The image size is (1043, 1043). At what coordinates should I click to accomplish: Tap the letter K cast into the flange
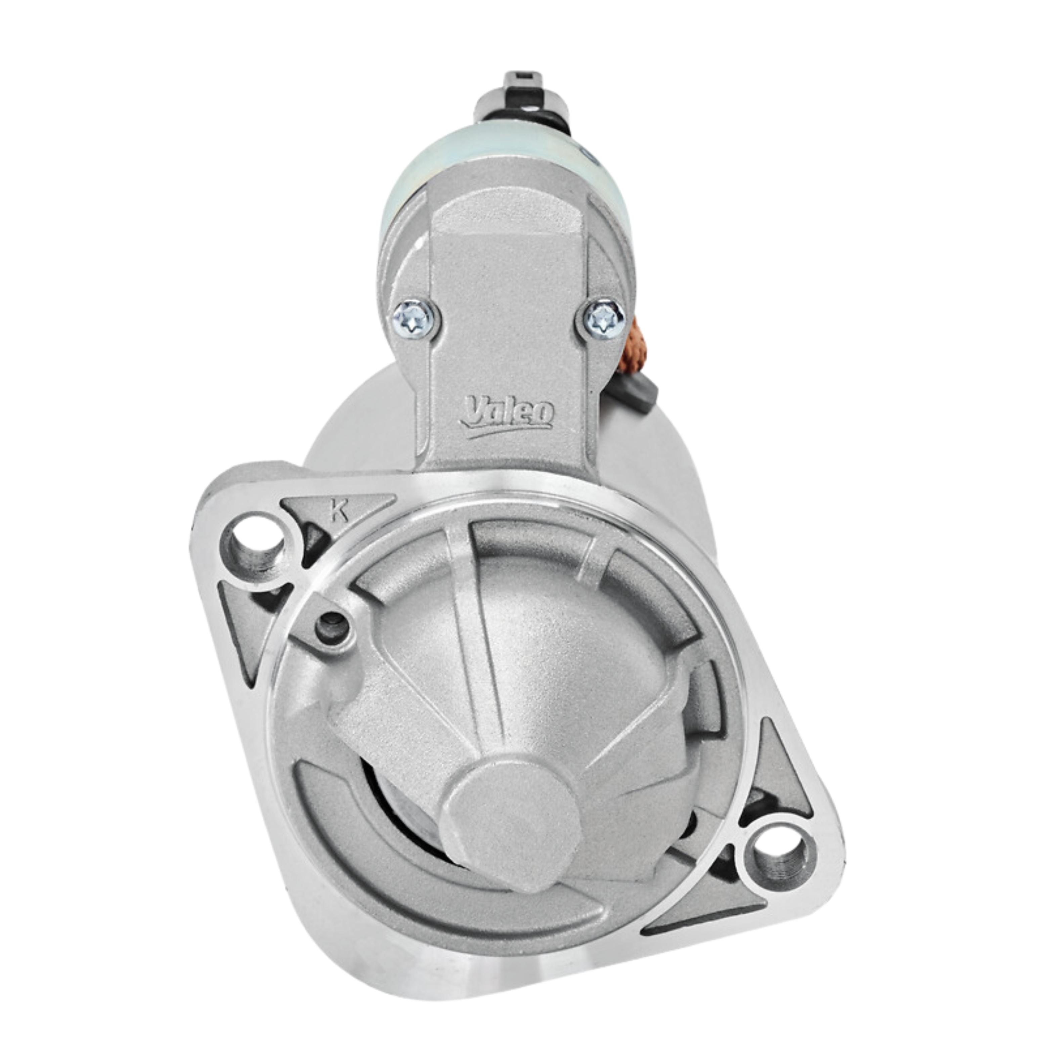(339, 510)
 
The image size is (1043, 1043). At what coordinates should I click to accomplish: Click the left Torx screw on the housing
(414, 319)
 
